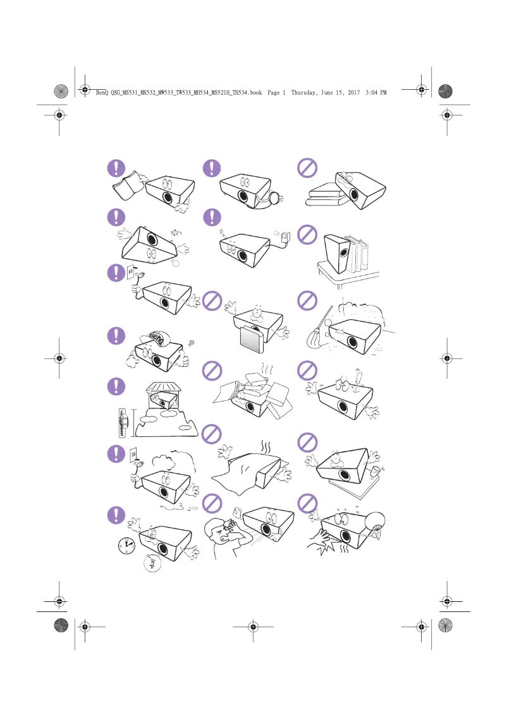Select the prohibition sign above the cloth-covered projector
(x=212, y=436)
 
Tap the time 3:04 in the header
(x=371, y=92)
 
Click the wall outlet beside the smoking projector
(x=133, y=454)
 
